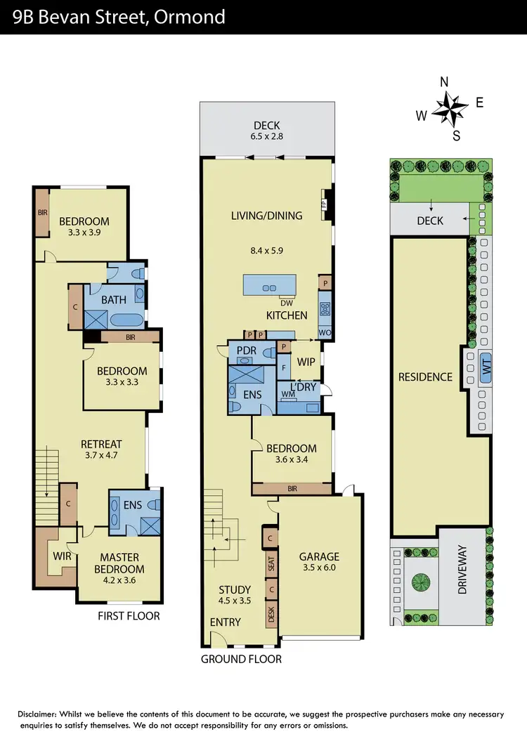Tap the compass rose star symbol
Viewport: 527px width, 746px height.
[450, 110]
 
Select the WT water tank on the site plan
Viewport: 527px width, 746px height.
[485, 367]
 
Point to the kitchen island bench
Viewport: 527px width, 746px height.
[270, 287]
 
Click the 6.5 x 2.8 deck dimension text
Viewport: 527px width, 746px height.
[267, 138]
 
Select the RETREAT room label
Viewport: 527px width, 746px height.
[101, 444]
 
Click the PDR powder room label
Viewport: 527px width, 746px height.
[246, 350]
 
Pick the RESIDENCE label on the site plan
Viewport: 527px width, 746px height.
[425, 377]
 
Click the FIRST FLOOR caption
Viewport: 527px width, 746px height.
[129, 616]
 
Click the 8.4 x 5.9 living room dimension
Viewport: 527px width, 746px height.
[267, 249]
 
